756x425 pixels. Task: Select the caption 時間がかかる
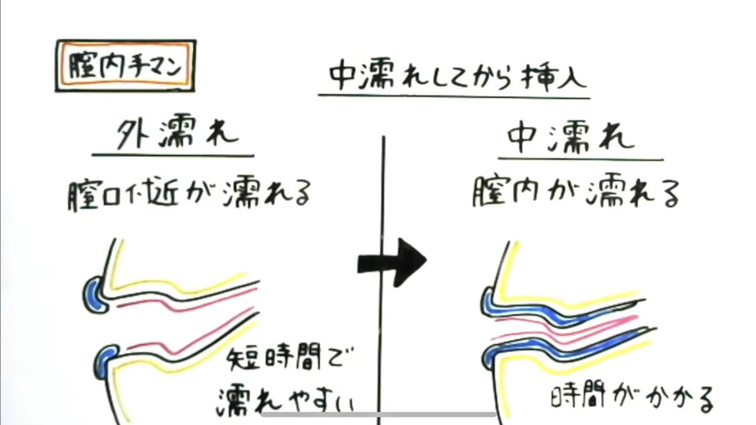pos(630,398)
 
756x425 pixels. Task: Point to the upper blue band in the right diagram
pos(554,312)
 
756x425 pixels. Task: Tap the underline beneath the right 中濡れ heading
pos(580,159)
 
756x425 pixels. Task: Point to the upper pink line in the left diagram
pos(183,305)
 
